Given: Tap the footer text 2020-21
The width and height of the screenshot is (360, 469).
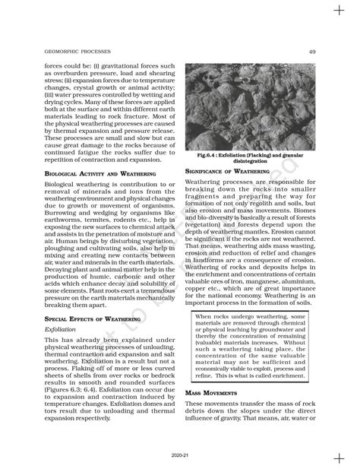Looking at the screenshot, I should [180, 458].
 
